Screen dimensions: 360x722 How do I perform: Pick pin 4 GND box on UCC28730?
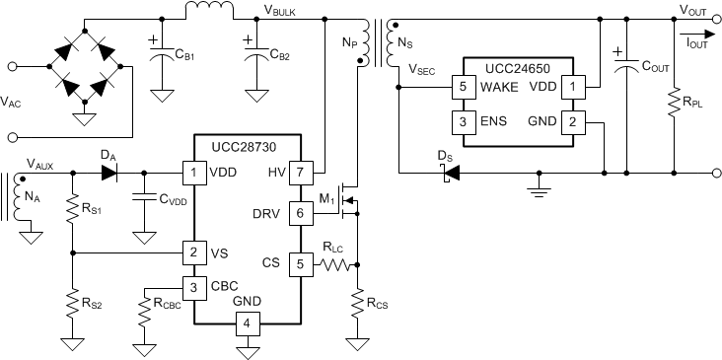[248, 323]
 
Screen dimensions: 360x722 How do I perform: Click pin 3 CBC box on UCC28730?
[193, 287]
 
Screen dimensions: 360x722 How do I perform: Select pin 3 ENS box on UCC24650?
[461, 122]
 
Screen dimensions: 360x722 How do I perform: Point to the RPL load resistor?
[673, 103]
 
